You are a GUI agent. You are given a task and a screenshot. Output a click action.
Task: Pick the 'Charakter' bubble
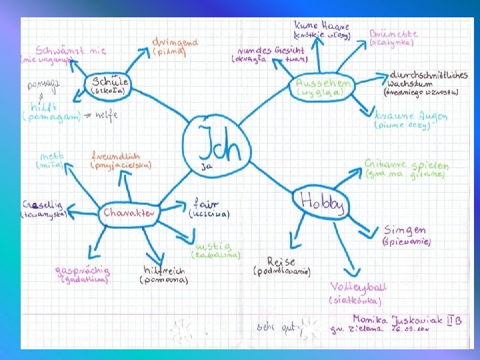coord(129,213)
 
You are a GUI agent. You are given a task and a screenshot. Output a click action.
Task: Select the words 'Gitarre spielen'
coord(407,165)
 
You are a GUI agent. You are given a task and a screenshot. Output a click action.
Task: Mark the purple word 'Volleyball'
coord(358,287)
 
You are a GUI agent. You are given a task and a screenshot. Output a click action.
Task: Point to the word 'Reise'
coord(281,262)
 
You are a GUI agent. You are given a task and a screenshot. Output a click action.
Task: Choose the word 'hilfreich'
coord(164,271)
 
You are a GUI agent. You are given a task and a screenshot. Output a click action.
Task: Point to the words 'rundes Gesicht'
coord(271,50)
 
